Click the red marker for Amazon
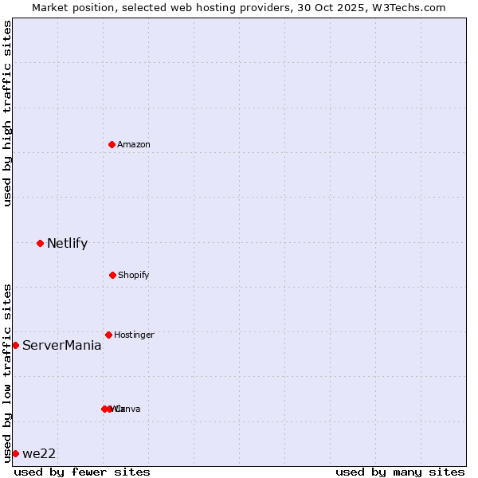point(112,144)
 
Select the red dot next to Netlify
point(40,243)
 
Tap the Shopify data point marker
point(112,275)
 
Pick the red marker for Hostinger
point(108,335)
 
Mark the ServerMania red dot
point(15,345)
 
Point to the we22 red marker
point(15,453)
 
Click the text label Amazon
point(134,144)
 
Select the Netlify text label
point(67,244)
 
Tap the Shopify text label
point(134,275)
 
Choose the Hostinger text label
point(134,335)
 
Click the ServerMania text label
point(61,346)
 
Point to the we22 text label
point(39,454)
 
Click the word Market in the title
point(50,7)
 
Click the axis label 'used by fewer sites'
point(82,472)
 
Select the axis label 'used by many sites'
point(400,472)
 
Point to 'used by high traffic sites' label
point(7,113)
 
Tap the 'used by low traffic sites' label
point(7,372)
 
